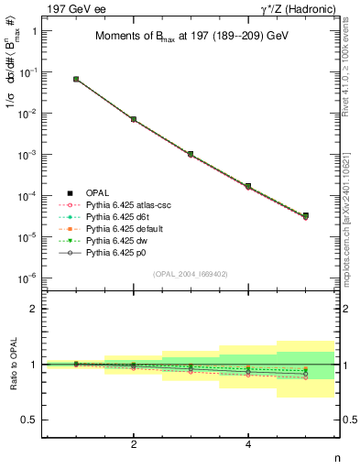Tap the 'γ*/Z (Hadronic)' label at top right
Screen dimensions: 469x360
click(300, 8)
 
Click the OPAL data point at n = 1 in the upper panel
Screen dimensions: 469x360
click(76, 80)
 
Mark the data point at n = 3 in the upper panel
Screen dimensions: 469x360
click(191, 154)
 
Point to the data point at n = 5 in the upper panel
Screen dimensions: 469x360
click(305, 216)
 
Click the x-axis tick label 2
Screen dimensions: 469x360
click(134, 444)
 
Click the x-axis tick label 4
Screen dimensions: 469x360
click(248, 444)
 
